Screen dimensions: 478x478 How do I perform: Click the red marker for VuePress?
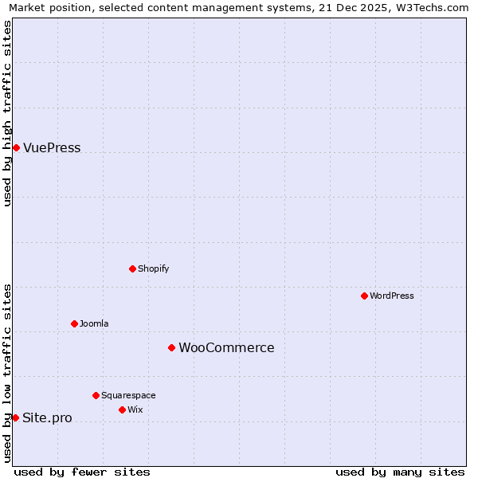point(16,147)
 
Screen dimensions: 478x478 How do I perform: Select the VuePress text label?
point(52,148)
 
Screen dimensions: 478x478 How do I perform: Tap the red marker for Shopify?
point(132,268)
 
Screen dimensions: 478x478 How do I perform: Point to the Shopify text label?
point(154,269)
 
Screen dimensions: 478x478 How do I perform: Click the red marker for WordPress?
point(364,296)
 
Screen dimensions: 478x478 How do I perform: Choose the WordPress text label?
point(392,296)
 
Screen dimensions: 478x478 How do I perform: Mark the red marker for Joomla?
point(74,323)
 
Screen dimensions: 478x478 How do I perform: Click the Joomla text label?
point(94,324)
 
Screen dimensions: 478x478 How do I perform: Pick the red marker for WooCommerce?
point(171,347)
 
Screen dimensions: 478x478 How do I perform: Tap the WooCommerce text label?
point(226,348)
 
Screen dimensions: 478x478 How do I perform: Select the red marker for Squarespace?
point(96,395)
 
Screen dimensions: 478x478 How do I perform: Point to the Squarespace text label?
point(128,396)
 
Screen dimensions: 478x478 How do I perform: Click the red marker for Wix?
point(122,409)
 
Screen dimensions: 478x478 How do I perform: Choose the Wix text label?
point(135,410)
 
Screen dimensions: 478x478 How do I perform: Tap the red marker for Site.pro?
point(15,417)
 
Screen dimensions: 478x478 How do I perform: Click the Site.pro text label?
point(47,418)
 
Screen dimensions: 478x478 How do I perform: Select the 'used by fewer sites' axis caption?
point(82,472)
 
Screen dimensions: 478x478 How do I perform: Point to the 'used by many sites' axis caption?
point(400,472)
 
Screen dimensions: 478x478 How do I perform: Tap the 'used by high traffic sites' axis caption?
point(8,113)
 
